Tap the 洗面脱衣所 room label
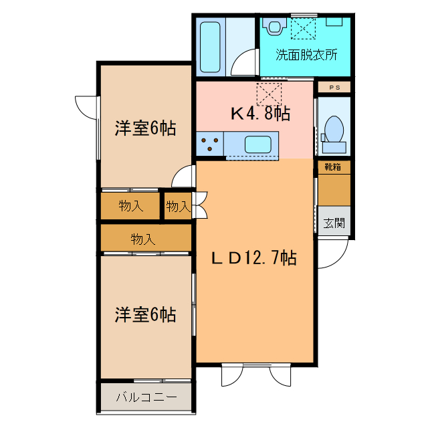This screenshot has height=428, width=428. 306,56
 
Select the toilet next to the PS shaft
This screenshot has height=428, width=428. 332,128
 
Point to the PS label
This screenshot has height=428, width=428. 334,87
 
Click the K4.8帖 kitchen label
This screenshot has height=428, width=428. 260,114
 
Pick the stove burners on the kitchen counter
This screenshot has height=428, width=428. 210,143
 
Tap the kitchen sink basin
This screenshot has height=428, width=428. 257,144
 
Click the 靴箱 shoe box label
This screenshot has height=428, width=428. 333,167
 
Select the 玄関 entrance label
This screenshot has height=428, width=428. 334,223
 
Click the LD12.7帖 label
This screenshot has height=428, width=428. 254,257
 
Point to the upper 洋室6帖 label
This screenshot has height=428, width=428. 145,128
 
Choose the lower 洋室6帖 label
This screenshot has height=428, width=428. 145,314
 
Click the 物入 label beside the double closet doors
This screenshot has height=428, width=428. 178,206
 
